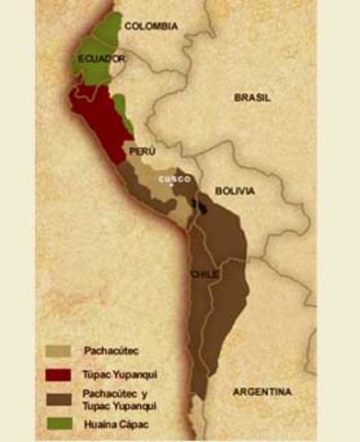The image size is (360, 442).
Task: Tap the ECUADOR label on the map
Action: click(x=101, y=58)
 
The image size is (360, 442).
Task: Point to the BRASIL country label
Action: click(x=253, y=96)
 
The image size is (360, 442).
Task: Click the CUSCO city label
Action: click(x=174, y=179)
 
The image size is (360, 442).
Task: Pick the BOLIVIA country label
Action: click(x=234, y=191)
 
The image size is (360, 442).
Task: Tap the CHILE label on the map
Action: click(x=204, y=275)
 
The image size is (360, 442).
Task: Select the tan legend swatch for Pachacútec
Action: click(x=58, y=350)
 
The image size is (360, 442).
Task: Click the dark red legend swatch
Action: click(x=58, y=373)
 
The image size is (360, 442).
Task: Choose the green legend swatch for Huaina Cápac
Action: click(x=58, y=425)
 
